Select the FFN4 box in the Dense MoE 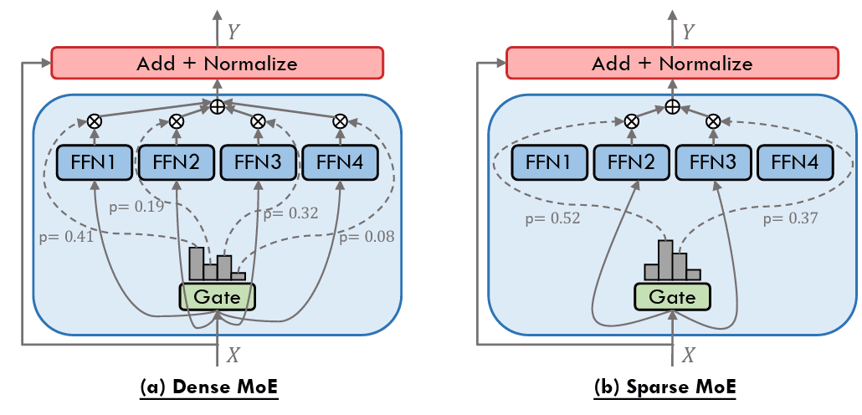tap(339, 163)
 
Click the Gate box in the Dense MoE tap(217, 296)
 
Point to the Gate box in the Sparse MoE tap(672, 296)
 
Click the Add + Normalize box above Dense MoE tap(217, 63)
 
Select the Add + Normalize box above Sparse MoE tap(672, 63)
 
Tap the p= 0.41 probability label tap(66, 237)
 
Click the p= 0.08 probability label tap(367, 237)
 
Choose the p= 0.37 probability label tap(790, 219)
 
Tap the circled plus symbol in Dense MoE tap(217, 106)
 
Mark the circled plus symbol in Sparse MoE tap(672, 106)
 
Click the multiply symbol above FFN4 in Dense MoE tap(340, 121)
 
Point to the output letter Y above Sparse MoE tap(689, 32)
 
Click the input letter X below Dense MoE tap(233, 356)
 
